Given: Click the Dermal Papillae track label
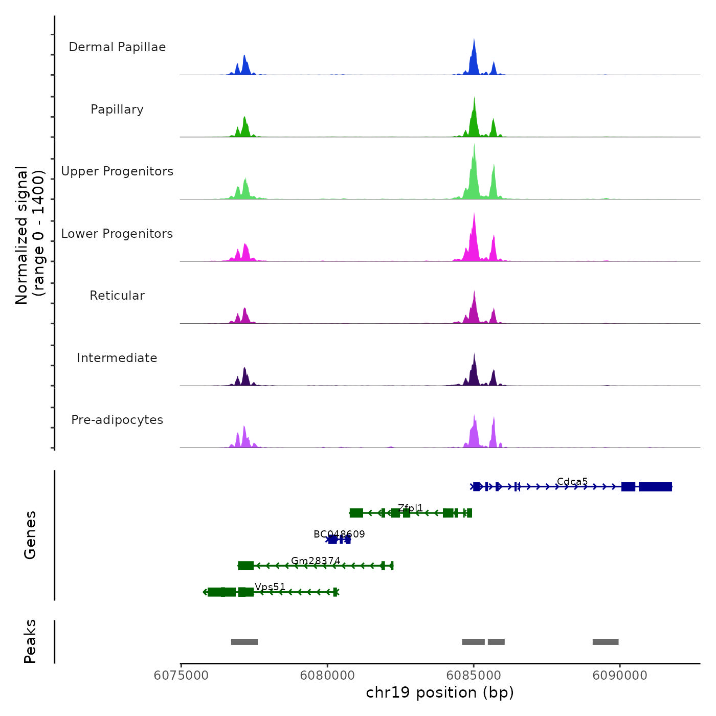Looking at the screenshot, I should [x=117, y=47].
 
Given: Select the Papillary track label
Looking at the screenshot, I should [x=117, y=109].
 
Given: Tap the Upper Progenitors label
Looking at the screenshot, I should [x=117, y=171].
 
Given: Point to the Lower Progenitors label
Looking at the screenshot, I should [x=117, y=234].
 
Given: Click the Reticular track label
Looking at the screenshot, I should [x=117, y=296].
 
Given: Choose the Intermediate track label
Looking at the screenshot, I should [x=117, y=358].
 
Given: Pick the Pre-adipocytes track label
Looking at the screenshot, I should [x=117, y=420].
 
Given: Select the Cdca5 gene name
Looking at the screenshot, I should [x=572, y=482].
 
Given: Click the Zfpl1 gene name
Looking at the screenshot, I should [x=411, y=508].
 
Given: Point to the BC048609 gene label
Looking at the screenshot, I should [x=339, y=534].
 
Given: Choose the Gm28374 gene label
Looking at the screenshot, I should [x=316, y=561].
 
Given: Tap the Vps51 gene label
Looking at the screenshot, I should [x=270, y=587].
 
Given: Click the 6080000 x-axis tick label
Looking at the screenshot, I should [x=327, y=676].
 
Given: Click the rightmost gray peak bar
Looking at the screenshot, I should [x=606, y=642].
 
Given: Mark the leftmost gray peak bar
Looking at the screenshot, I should [x=244, y=642].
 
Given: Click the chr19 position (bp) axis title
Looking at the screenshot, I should [x=440, y=692].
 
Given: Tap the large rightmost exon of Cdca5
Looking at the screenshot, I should [x=655, y=486].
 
